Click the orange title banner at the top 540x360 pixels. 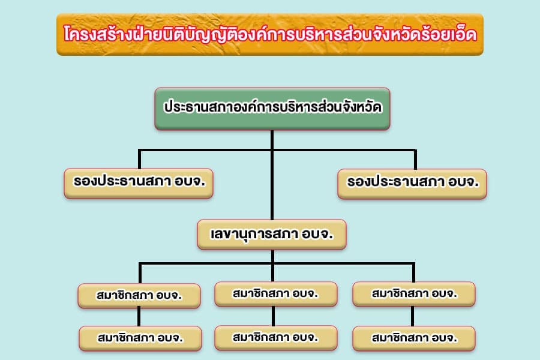pyautogui.click(x=270, y=34)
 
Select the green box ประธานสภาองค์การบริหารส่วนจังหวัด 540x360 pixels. pyautogui.click(x=272, y=109)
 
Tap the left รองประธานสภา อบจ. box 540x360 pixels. pyautogui.click(x=139, y=183)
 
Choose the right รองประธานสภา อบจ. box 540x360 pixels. pyautogui.click(x=412, y=184)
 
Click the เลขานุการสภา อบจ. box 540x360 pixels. pyautogui.click(x=272, y=234)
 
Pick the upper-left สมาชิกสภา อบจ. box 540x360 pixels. pyautogui.click(x=139, y=296)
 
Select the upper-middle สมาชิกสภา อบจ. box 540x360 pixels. pyautogui.click(x=276, y=294)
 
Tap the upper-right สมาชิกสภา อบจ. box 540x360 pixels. pyautogui.click(x=414, y=294)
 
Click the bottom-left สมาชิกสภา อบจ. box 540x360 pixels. pyautogui.click(x=140, y=338)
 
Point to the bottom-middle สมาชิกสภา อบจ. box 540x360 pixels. pyautogui.click(x=276, y=338)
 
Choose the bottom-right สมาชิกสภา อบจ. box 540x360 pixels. pyautogui.click(x=414, y=338)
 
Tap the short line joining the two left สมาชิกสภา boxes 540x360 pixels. pyautogui.click(x=139, y=317)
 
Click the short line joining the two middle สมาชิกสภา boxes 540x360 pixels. pyautogui.click(x=273, y=316)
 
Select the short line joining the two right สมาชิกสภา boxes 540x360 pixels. pyautogui.click(x=413, y=316)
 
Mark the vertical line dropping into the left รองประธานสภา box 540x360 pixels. pyautogui.click(x=139, y=159)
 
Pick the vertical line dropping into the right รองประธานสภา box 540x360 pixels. pyautogui.click(x=415, y=160)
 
